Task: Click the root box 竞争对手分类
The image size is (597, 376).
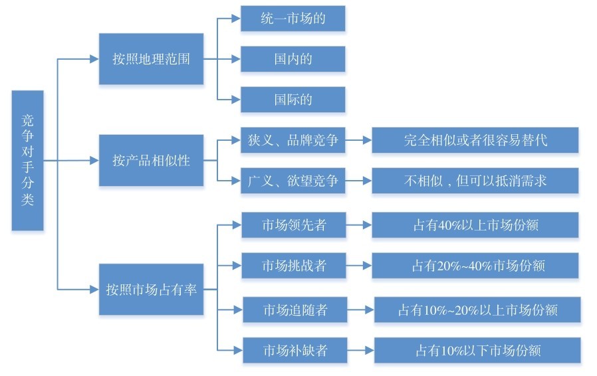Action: click(27, 160)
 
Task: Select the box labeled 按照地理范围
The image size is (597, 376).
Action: click(151, 59)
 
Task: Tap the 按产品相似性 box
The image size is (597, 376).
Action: click(151, 160)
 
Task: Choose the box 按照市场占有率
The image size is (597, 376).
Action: click(151, 289)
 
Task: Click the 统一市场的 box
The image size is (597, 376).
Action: click(293, 18)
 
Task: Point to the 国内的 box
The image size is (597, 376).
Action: click(293, 59)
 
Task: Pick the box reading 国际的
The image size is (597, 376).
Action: click(293, 100)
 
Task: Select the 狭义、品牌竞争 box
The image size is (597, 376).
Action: click(293, 140)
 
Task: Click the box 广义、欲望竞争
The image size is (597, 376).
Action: click(293, 181)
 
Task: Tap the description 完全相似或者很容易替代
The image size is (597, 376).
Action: click(475, 140)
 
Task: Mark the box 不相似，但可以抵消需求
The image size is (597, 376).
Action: click(475, 181)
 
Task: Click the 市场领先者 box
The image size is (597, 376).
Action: click(294, 225)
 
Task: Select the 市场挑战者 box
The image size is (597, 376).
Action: click(294, 265)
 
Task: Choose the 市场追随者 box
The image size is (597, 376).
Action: click(295, 310)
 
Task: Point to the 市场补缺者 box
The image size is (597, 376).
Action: click(295, 350)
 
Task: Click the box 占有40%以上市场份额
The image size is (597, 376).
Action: click(475, 225)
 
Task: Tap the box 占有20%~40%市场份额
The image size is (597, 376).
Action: click(475, 265)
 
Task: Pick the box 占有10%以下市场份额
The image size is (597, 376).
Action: click(477, 350)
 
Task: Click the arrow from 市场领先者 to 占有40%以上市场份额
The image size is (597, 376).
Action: click(358, 225)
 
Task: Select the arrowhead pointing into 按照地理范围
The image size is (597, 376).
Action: click(94, 59)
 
